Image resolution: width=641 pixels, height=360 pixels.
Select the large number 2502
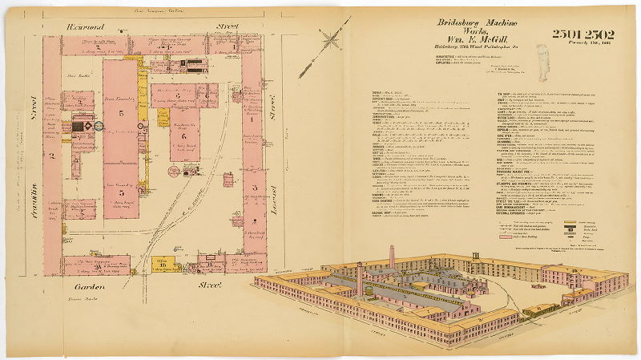pyautogui.click(x=601, y=34)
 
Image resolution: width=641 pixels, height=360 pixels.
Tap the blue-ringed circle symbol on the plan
pyautogui.click(x=98, y=125)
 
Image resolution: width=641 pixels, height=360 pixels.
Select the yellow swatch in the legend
pyautogui.click(x=570, y=222)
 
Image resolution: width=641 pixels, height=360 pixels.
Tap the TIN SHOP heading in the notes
pyautogui.click(x=506, y=94)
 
